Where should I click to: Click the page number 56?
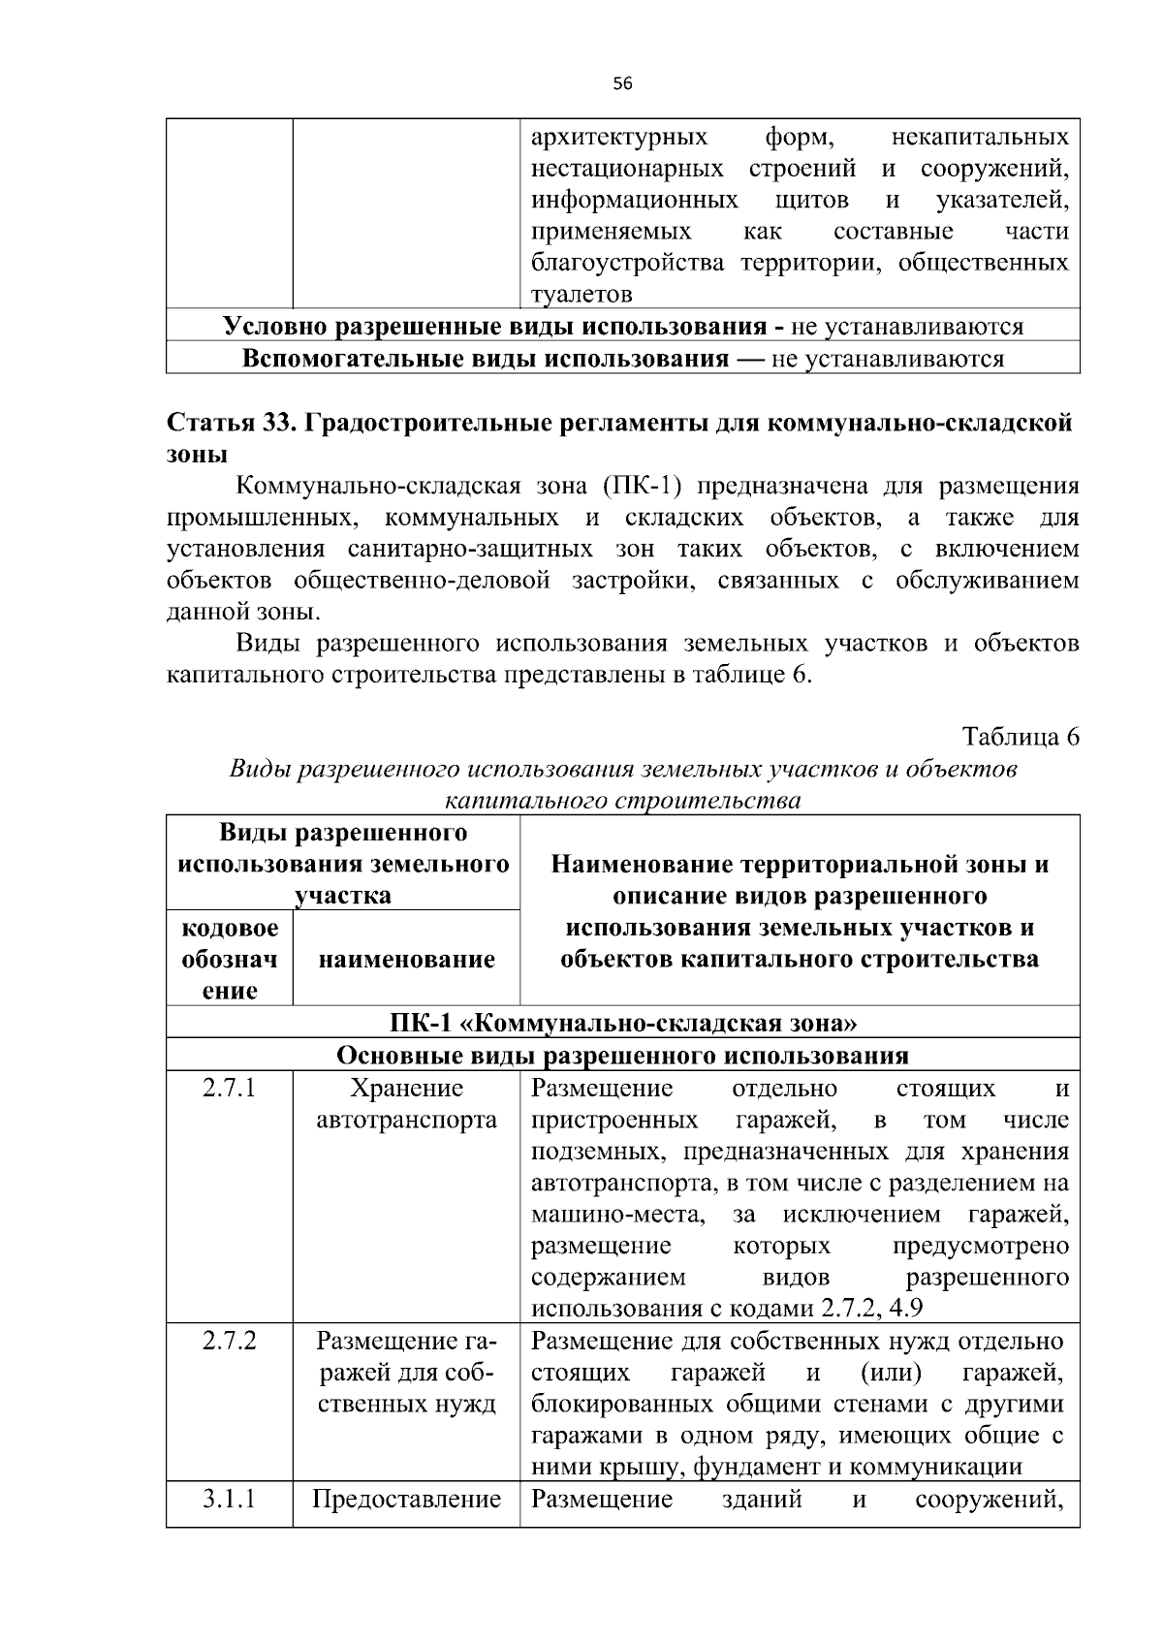point(622,84)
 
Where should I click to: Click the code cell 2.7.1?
point(230,1088)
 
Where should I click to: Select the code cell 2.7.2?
point(230,1342)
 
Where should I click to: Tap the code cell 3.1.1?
point(230,1500)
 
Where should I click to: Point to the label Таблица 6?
point(1021,737)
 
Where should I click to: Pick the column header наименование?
point(406,959)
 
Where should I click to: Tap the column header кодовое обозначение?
point(230,959)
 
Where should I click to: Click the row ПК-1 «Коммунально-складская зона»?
point(622,1023)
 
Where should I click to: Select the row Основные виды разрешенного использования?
point(622,1055)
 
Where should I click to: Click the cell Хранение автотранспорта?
point(406,1104)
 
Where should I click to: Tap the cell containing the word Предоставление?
point(406,1500)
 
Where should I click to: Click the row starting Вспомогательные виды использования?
point(622,359)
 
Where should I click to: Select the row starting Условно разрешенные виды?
point(622,327)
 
